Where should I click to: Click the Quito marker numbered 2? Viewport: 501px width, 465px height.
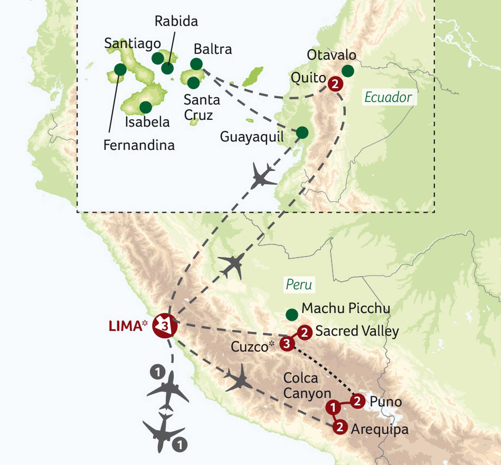[x=335, y=84]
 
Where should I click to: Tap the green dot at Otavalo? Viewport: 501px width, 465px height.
[x=348, y=71]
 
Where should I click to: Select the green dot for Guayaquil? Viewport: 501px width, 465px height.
[x=302, y=133]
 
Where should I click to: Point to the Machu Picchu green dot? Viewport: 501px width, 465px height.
[x=292, y=315]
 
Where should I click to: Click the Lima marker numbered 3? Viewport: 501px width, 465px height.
[x=165, y=326]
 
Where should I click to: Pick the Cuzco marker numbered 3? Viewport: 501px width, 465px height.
[x=287, y=344]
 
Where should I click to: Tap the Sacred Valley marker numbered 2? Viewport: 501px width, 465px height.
[x=305, y=332]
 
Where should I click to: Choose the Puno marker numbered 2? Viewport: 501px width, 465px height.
[x=357, y=401]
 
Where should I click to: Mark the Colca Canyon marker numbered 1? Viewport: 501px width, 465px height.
[x=333, y=407]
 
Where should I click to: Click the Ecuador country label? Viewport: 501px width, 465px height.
[x=388, y=97]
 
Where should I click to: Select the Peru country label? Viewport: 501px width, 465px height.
[x=299, y=284]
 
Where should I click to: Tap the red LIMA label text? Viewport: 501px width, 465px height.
[x=125, y=326]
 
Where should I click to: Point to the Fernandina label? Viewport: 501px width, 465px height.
[x=139, y=145]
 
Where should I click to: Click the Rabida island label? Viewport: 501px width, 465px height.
[x=176, y=21]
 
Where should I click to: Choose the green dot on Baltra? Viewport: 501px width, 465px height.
[x=196, y=64]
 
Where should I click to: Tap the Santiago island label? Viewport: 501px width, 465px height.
[x=132, y=44]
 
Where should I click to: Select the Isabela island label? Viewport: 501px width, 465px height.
[x=147, y=122]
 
